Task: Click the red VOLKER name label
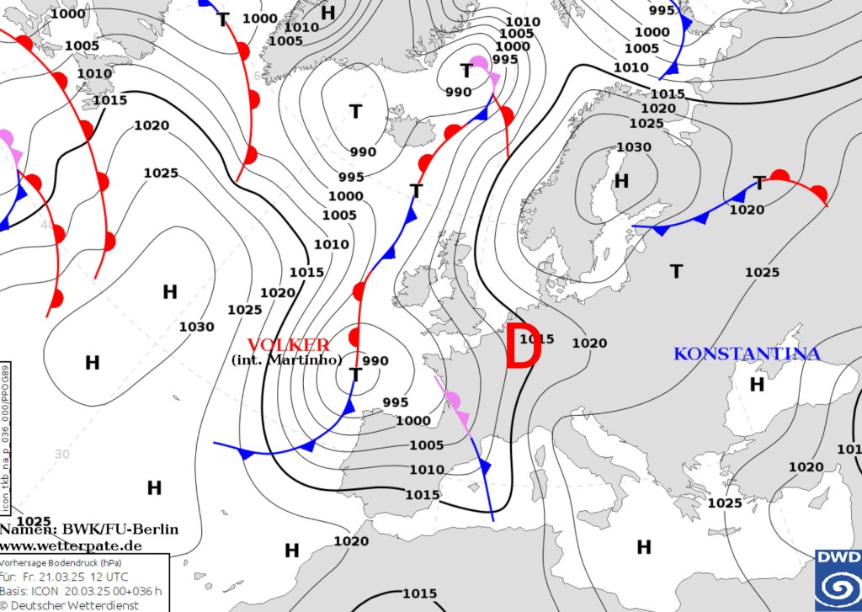click(289, 345)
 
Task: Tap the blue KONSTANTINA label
click(747, 354)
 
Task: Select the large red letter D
click(521, 347)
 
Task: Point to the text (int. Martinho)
click(286, 360)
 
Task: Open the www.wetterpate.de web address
click(71, 546)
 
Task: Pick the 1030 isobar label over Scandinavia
click(634, 147)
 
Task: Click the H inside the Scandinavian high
click(621, 181)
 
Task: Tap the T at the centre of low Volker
click(355, 375)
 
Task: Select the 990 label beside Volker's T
click(375, 361)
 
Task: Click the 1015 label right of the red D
click(536, 339)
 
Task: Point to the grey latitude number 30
click(61, 454)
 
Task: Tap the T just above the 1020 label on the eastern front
click(759, 183)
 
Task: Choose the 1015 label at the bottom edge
click(420, 593)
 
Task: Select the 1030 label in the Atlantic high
click(196, 327)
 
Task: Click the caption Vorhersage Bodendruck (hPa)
click(51, 562)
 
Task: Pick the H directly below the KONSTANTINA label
click(757, 384)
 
